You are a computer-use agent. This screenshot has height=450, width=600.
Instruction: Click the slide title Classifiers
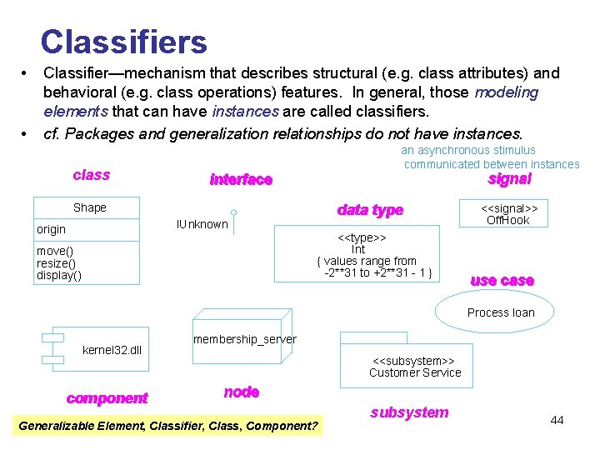[x=123, y=42]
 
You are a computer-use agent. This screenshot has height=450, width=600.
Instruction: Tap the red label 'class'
[x=91, y=174]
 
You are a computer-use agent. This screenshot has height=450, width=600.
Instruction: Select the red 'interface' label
[x=241, y=179]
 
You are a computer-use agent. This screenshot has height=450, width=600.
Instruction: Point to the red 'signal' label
[x=509, y=179]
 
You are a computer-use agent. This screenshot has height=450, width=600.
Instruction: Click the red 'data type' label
[x=370, y=210]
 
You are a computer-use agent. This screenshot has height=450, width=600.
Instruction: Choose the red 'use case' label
[x=502, y=281]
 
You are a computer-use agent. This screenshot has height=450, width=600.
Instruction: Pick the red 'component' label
[x=107, y=398]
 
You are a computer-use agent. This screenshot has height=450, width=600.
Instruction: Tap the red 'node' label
[x=242, y=392]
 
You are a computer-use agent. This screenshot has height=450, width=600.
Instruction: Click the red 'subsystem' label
[x=409, y=412]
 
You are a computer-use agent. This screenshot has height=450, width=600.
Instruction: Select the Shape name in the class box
[x=90, y=207]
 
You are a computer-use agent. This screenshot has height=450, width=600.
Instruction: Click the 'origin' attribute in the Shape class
[x=51, y=229]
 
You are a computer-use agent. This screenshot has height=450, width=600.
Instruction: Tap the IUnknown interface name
[x=202, y=223]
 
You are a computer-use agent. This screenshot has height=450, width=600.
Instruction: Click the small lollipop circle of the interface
[x=234, y=212]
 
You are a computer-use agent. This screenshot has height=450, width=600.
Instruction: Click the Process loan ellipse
[x=501, y=312]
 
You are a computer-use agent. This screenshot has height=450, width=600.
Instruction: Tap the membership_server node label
[x=244, y=339]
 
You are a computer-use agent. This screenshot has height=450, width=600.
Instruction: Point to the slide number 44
[x=557, y=420]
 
